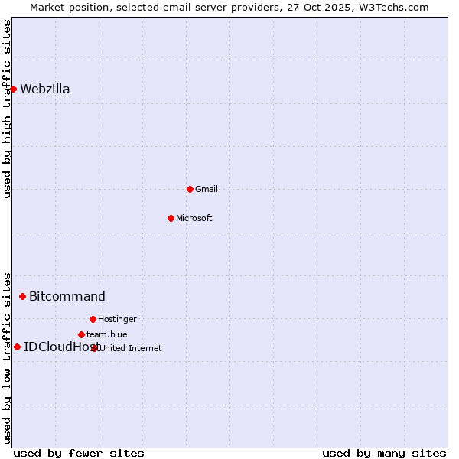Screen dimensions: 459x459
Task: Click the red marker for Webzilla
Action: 13,89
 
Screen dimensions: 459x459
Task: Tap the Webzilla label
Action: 45,89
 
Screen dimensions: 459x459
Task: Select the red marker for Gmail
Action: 190,189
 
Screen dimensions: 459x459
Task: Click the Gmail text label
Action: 207,189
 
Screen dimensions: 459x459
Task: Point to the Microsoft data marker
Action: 171,218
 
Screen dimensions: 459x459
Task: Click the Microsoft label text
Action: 194,218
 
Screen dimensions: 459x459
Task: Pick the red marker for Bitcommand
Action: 22,296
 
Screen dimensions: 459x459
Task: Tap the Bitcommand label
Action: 67,296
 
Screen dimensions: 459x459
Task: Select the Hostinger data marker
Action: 93,319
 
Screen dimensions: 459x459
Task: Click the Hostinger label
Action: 117,319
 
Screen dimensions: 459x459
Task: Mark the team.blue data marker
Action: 81,334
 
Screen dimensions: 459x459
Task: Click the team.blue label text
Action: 107,334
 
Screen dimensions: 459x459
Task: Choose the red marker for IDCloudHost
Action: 17,347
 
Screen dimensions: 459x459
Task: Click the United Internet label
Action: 131,348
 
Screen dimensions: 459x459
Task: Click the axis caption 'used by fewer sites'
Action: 79,453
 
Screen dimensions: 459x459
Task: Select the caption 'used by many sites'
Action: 384,453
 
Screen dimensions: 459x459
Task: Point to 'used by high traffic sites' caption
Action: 8,109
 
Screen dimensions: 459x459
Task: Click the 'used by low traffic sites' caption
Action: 8,358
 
